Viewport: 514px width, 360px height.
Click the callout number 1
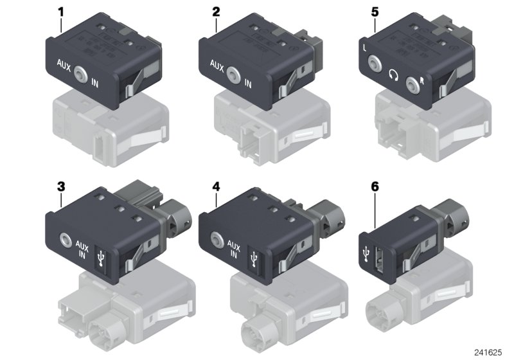click(62, 12)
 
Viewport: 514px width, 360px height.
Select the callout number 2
click(216, 12)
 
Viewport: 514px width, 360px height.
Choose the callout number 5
click(374, 12)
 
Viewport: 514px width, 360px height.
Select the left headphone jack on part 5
click(374, 64)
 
